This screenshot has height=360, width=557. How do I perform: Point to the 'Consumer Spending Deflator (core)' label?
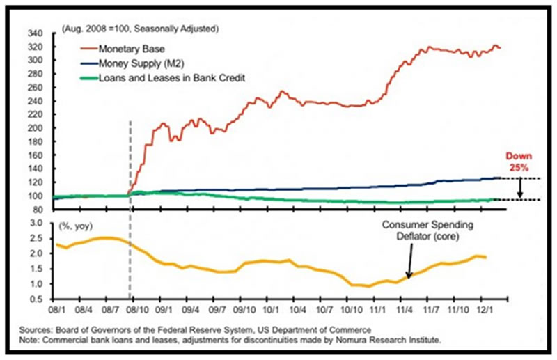click(430, 230)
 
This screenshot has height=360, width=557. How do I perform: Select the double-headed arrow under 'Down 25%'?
click(520, 189)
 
